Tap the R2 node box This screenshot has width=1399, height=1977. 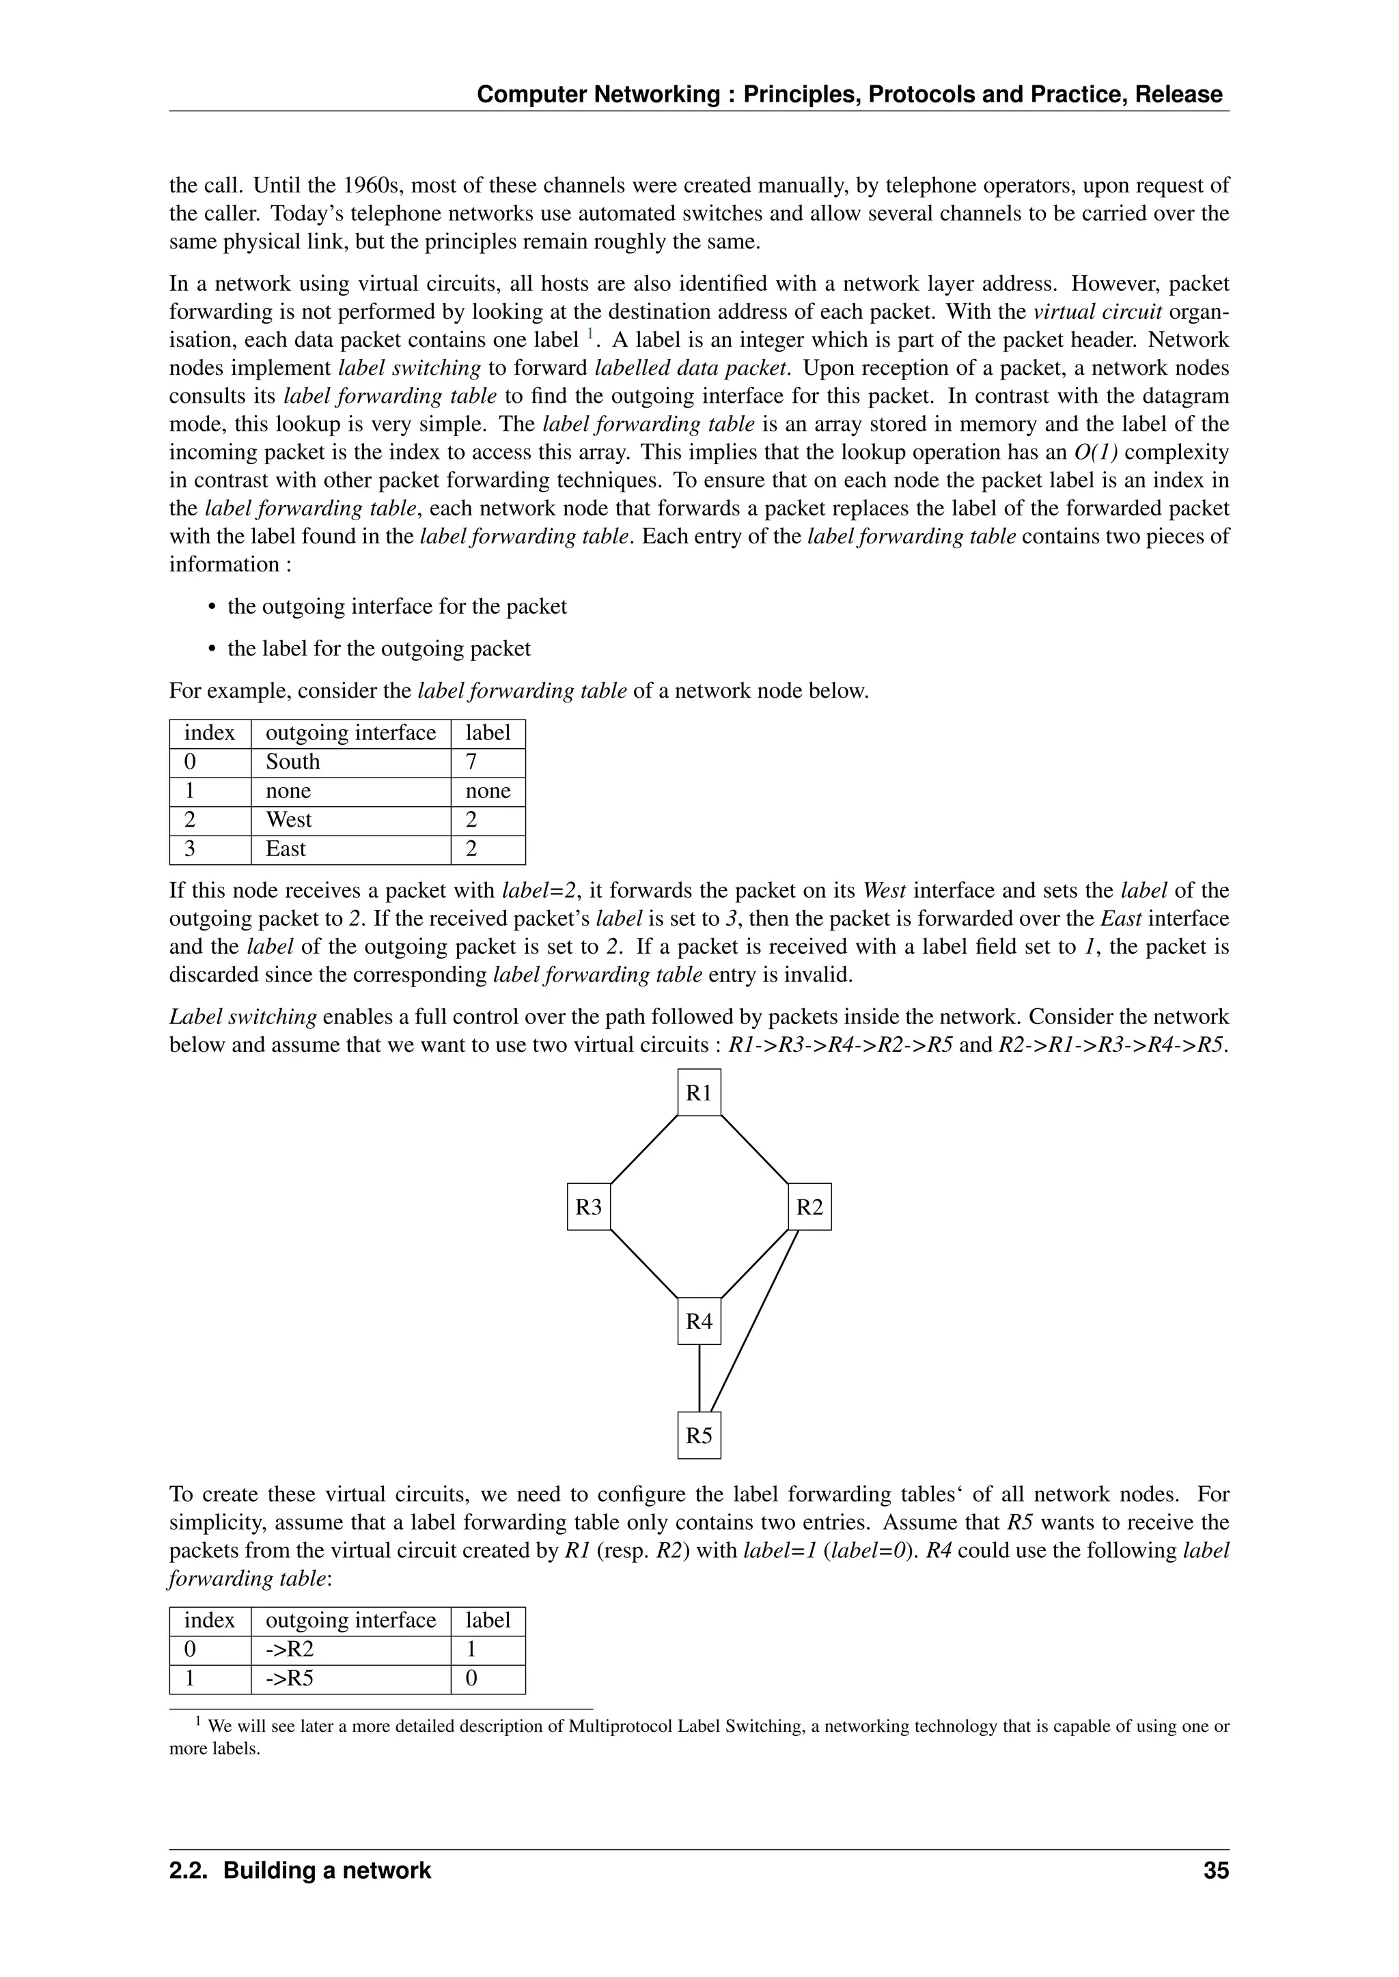[809, 1207]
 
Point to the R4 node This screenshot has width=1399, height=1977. [699, 1322]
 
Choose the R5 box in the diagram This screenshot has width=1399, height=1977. [699, 1436]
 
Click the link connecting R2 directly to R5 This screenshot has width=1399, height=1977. [755, 1322]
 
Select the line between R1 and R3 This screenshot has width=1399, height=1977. [643, 1150]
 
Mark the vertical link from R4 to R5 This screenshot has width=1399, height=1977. [699, 1378]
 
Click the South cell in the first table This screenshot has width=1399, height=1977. [293, 762]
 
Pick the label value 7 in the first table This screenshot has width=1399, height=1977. [471, 762]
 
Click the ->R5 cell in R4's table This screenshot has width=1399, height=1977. [290, 1679]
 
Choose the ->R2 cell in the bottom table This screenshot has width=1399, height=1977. [290, 1650]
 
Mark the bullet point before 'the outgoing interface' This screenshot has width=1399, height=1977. [212, 608]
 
